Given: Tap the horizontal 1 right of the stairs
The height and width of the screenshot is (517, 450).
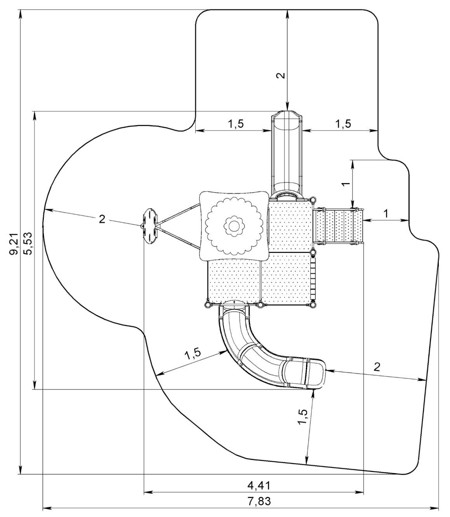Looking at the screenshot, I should pyautogui.click(x=386, y=213).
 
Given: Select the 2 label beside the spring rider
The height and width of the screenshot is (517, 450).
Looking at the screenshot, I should pyautogui.click(x=102, y=219).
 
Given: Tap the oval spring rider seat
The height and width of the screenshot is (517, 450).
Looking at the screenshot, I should pyautogui.click(x=149, y=226).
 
